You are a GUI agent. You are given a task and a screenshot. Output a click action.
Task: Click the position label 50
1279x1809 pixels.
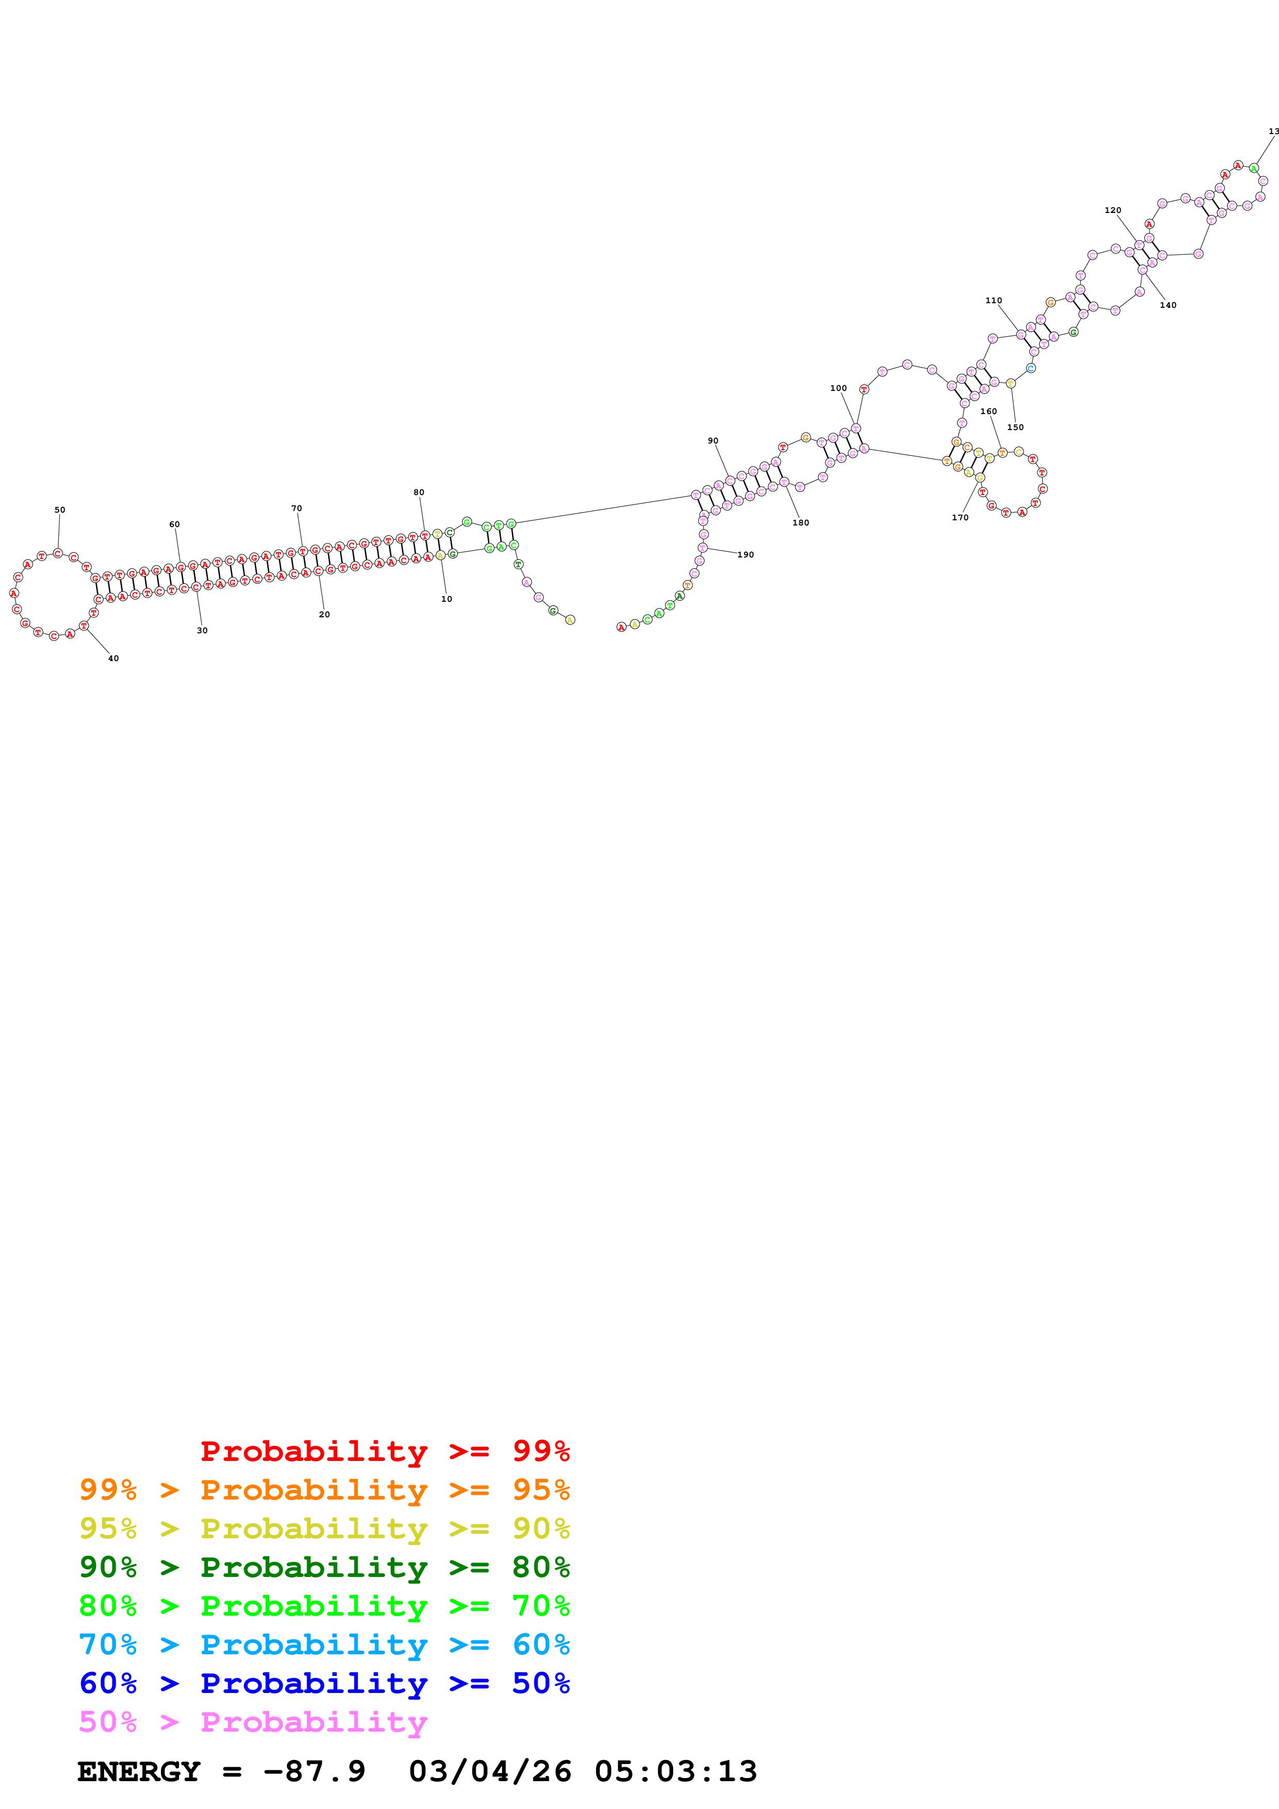60,510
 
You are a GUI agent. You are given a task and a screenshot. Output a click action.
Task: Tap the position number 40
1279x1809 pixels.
114,658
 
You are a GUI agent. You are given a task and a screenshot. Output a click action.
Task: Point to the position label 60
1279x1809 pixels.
174,524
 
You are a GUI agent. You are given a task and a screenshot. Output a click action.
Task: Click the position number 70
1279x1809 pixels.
296,508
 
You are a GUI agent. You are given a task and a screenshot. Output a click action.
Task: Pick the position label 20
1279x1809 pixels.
325,615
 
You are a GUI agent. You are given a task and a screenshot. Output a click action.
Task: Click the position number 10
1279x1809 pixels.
447,599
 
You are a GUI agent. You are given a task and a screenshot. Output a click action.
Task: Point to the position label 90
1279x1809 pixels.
713,441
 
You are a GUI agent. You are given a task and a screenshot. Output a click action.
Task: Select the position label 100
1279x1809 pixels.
838,388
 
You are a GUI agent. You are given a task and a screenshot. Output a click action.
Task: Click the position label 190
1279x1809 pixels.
746,555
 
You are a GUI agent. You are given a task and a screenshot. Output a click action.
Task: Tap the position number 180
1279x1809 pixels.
801,522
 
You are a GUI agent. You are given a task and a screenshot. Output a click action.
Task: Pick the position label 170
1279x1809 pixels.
960,518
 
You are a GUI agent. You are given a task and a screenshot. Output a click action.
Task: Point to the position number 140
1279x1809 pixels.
1168,305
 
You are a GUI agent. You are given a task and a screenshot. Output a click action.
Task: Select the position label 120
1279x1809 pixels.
1113,210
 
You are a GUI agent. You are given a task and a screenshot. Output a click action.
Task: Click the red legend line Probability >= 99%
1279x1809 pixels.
384,1451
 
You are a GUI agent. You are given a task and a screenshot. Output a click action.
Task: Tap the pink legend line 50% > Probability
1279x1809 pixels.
253,1721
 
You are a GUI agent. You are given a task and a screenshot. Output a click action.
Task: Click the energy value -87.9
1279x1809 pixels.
314,1772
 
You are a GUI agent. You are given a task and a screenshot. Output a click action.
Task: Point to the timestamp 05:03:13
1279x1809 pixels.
675,1772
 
